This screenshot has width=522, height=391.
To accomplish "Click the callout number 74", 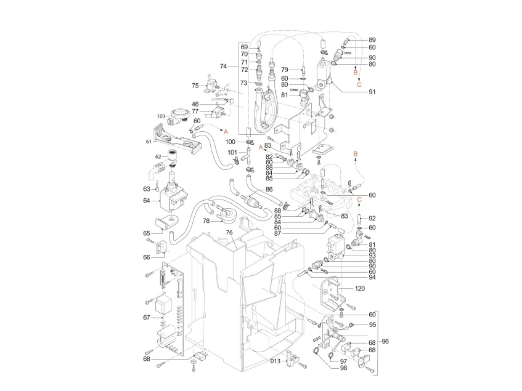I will click(x=224, y=66).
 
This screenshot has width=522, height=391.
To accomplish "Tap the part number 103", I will click(x=161, y=116).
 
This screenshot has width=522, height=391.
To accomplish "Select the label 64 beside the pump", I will click(x=147, y=200).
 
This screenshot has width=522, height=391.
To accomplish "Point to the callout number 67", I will click(x=146, y=317).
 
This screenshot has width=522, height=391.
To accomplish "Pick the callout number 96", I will click(x=386, y=342).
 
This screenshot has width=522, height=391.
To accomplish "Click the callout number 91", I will click(x=372, y=92).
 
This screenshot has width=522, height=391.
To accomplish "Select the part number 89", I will click(x=372, y=39).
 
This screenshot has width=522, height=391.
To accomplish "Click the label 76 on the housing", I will click(x=229, y=232).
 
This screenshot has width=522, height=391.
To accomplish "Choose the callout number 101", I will click(x=231, y=152).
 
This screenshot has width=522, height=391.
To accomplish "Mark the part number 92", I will click(x=372, y=218).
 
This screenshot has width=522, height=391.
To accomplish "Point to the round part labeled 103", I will click(x=179, y=114).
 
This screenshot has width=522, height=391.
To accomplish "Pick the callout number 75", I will click(x=195, y=86).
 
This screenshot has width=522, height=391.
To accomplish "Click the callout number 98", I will click(x=343, y=368).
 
